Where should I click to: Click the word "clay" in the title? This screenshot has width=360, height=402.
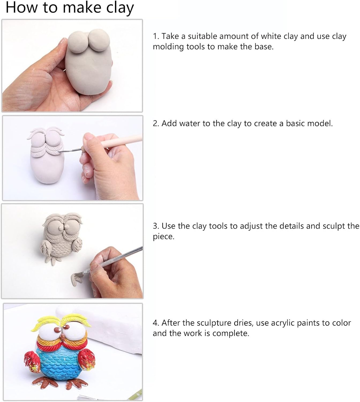[x=120, y=8]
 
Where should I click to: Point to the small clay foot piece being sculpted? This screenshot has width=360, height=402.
[x=77, y=279]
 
